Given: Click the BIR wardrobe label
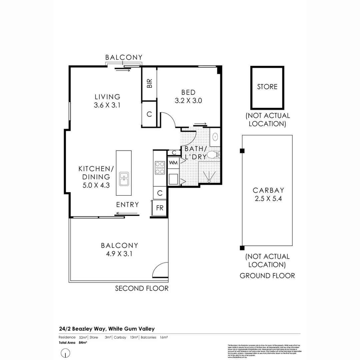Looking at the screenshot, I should (x=149, y=83).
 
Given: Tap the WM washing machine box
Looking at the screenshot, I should (x=173, y=163).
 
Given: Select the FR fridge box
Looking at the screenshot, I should (x=160, y=208).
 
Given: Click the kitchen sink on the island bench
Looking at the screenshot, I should (x=124, y=179).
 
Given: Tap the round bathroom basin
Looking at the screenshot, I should (x=215, y=136).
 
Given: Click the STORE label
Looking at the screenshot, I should (x=267, y=87).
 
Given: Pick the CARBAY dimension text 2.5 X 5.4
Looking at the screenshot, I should (x=268, y=199).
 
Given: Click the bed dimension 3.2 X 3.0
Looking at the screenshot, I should (x=188, y=100).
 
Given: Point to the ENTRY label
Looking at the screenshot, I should (x=127, y=205).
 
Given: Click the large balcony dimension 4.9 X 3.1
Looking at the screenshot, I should (x=119, y=254).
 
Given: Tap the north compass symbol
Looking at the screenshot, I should (x=66, y=352).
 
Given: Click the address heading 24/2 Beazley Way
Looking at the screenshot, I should (x=106, y=329).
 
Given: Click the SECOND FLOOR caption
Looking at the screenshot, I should (x=142, y=288).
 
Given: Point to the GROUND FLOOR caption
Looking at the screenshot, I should (x=267, y=276).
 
